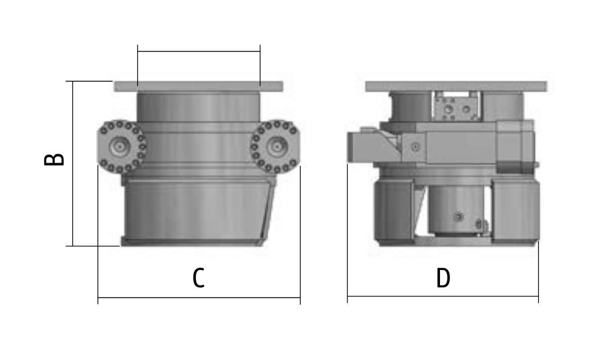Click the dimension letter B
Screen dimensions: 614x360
point(54,160)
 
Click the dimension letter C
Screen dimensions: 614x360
point(199,278)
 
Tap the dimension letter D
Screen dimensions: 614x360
point(443,278)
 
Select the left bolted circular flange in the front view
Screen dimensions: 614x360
point(121,146)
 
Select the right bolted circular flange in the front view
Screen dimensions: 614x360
point(275,146)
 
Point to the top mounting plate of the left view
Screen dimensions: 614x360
point(198,87)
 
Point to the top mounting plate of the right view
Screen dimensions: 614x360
point(456,87)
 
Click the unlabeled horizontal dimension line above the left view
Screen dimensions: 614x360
point(199,51)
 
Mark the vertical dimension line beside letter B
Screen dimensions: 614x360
point(73,164)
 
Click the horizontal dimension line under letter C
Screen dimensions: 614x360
point(199,297)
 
